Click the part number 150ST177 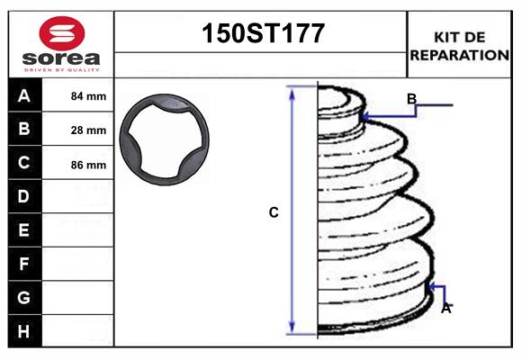pyautogui.click(x=261, y=35)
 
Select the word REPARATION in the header pyautogui.click(x=460, y=55)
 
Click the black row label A pyautogui.click(x=24, y=96)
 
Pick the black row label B pyautogui.click(x=24, y=130)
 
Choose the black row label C pyautogui.click(x=24, y=164)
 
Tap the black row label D pyautogui.click(x=24, y=197)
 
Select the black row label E pyautogui.click(x=24, y=230)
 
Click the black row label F pyautogui.click(x=24, y=265)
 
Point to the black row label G pyautogui.click(x=24, y=298)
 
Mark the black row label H pyautogui.click(x=24, y=332)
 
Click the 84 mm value pyautogui.click(x=88, y=96)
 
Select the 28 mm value pyautogui.click(x=88, y=130)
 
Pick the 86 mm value pyautogui.click(x=88, y=165)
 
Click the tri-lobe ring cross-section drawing pyautogui.click(x=166, y=142)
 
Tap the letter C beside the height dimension pyautogui.click(x=274, y=213)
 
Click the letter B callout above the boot pyautogui.click(x=411, y=99)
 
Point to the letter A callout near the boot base pyautogui.click(x=445, y=308)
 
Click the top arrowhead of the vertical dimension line pyautogui.click(x=292, y=92)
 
